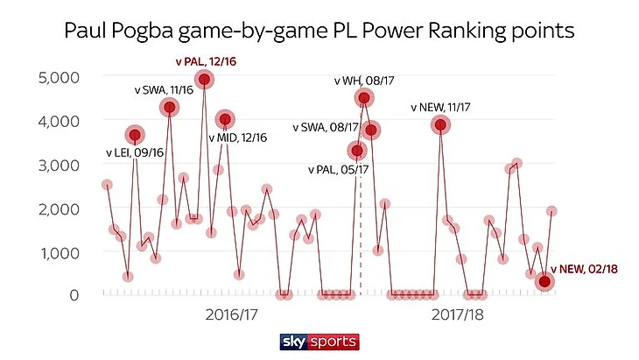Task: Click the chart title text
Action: pyautogui.click(x=319, y=32)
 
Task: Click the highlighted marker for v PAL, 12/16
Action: pyautogui.click(x=205, y=80)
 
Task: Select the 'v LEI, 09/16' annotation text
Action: pyautogui.click(x=134, y=153)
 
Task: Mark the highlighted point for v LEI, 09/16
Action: pyautogui.click(x=135, y=135)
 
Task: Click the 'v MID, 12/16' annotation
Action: pyautogui.click(x=238, y=138)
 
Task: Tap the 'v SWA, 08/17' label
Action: pyautogui.click(x=329, y=128)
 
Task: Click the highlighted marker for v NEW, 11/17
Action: pyautogui.click(x=441, y=125)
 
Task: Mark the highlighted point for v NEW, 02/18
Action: pyautogui.click(x=544, y=281)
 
